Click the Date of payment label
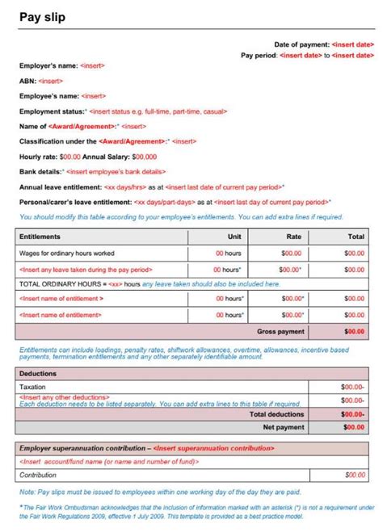[301, 44]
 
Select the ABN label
[27, 81]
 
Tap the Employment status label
[52, 111]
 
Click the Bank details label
[40, 172]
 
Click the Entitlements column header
[41, 237]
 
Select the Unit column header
[235, 237]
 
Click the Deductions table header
[39, 374]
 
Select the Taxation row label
[35, 387]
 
